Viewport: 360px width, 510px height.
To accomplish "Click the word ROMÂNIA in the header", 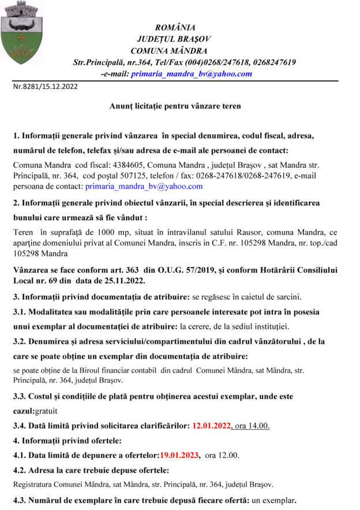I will click(175, 27).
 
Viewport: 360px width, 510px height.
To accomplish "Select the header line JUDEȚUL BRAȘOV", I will click(174, 39).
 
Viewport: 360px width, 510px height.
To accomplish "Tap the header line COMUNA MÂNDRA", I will click(176, 50).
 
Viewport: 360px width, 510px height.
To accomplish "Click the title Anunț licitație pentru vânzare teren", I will click(175, 107).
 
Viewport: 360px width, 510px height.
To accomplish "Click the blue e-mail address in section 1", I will click(144, 186).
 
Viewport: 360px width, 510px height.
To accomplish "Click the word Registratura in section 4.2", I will click(31, 484).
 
